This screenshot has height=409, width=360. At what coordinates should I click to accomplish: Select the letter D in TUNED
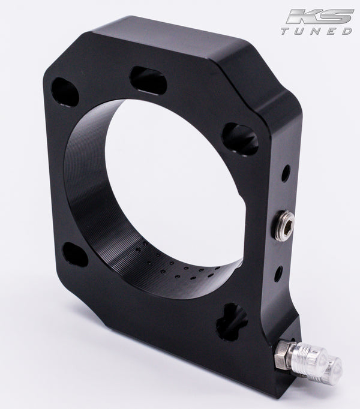pos(349,31)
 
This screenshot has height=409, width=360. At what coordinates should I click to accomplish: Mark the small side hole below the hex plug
pos(280,273)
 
